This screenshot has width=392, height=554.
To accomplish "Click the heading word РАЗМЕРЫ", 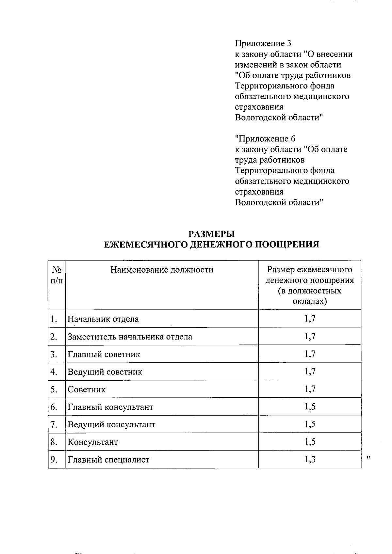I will (x=212, y=234).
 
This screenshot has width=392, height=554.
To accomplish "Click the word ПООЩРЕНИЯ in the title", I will (x=286, y=245).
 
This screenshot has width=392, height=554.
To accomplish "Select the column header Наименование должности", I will (x=162, y=270).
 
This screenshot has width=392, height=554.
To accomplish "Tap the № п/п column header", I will (x=57, y=275).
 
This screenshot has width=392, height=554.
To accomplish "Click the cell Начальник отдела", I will (x=103, y=319).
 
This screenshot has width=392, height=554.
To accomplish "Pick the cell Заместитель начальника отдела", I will (x=130, y=337).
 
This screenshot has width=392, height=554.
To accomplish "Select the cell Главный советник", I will (x=104, y=354).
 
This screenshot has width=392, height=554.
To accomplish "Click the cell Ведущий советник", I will (x=105, y=372).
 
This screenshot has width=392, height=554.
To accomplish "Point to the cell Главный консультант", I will (x=110, y=407).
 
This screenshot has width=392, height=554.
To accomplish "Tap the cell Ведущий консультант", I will (x=111, y=425).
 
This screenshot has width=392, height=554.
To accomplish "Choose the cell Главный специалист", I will (x=108, y=460).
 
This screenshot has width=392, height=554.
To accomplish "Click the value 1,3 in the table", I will (x=310, y=459).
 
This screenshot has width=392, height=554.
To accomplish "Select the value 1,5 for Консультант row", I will (x=310, y=442).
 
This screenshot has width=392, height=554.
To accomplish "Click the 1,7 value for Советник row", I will (x=310, y=389).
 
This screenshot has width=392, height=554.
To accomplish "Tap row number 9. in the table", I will (x=54, y=460).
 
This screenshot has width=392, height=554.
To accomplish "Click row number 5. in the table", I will (x=54, y=389).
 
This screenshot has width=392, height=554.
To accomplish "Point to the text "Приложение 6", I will (x=265, y=139).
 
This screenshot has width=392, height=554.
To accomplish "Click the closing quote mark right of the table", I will (x=368, y=457).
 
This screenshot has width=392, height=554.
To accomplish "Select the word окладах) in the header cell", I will (x=309, y=301).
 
